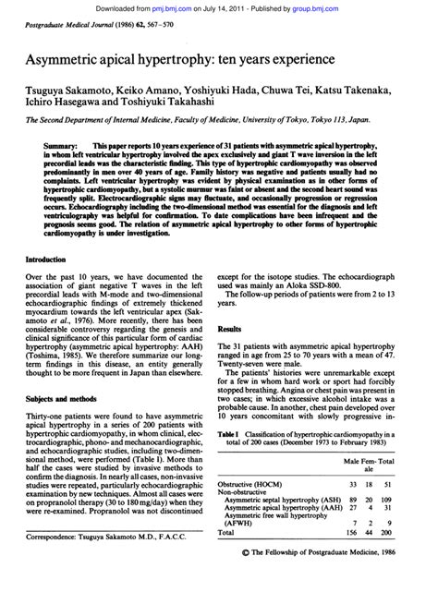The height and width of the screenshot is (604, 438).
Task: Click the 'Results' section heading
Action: [x=227, y=329]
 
